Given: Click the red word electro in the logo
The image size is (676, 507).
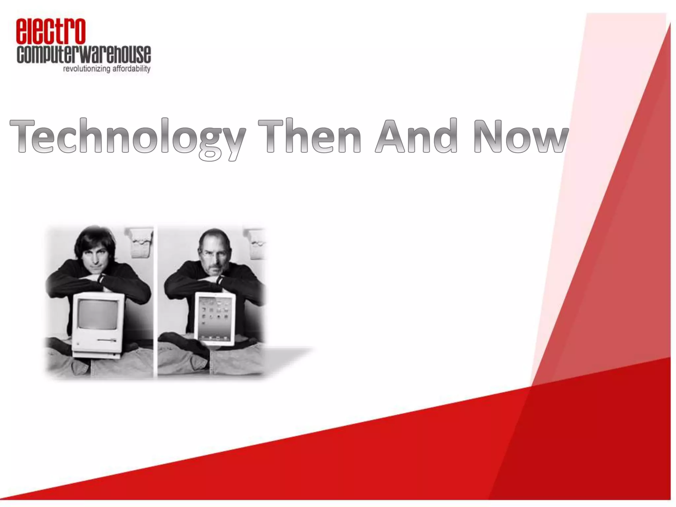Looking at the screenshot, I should [x=51, y=32].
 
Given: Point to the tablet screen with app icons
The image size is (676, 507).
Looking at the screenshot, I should [x=215, y=318].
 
